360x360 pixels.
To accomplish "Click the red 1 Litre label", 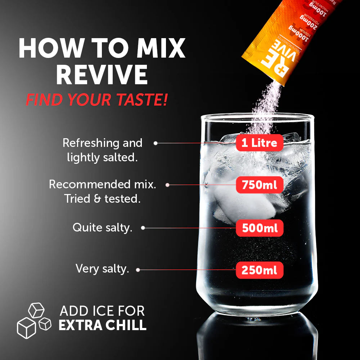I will [x=259, y=143].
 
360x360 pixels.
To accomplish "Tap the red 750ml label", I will [x=259, y=185].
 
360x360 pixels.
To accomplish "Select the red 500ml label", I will [x=259, y=228].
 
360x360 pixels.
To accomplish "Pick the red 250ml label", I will [x=259, y=270].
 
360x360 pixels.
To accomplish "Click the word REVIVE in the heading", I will [x=102, y=75].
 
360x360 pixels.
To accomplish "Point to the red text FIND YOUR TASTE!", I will [x=96, y=99].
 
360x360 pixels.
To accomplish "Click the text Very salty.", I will [x=102, y=269].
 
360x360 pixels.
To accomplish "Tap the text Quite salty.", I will [x=102, y=228].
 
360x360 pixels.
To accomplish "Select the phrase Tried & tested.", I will [x=102, y=198].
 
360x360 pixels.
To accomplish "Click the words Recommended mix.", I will [x=102, y=184].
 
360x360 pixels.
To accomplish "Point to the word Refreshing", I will [x=87, y=143].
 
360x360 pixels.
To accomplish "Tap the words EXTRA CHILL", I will [x=102, y=325].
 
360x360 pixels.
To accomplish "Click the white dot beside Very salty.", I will [x=138, y=269].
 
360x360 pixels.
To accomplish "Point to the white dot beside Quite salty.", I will [x=143, y=228].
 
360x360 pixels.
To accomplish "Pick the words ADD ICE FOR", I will [x=102, y=310].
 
